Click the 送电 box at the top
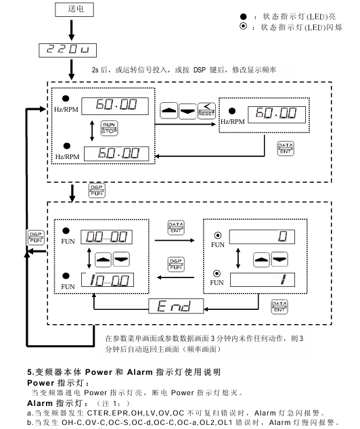point(72,9)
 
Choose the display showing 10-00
point(106,279)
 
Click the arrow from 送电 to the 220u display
point(72,28)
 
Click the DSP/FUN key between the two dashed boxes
point(94,191)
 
